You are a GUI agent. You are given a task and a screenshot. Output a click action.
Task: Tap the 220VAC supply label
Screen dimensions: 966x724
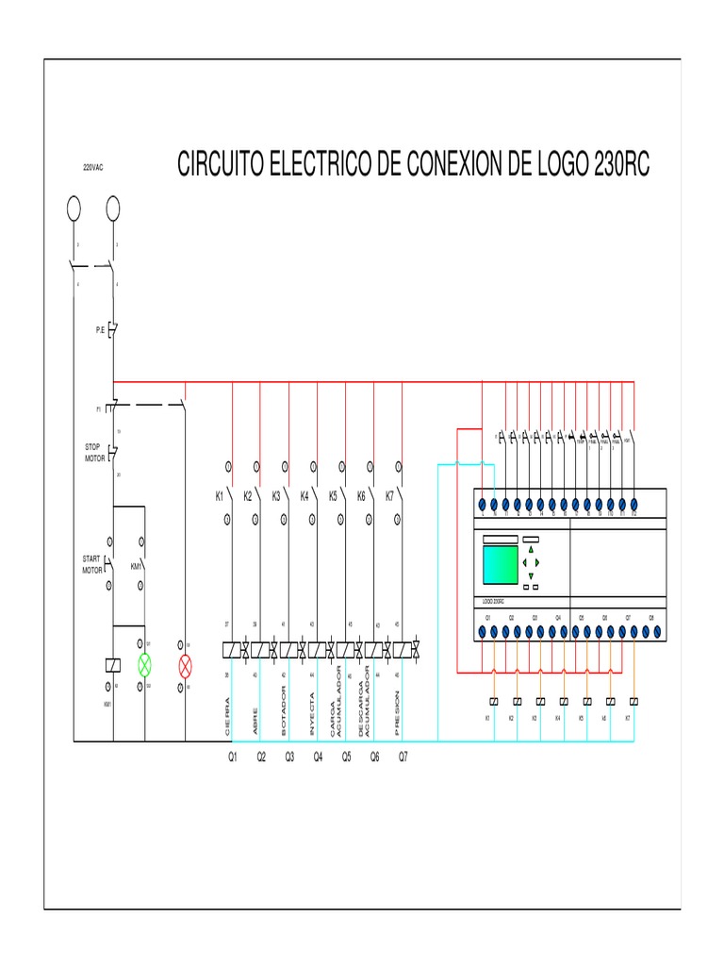(92, 167)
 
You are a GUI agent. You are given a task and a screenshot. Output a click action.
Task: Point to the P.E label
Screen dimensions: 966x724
(99, 331)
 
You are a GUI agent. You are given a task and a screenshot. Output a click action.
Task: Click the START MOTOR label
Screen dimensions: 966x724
(91, 564)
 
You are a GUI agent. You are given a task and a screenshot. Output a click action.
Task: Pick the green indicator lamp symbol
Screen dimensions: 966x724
(144, 664)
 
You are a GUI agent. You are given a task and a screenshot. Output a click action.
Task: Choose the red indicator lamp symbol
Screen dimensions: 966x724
(185, 665)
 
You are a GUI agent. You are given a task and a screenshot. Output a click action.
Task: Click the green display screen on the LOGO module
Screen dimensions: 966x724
(500, 564)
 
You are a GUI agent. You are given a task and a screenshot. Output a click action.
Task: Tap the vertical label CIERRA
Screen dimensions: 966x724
(227, 717)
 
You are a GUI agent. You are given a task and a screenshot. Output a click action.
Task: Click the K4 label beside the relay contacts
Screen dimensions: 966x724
(304, 495)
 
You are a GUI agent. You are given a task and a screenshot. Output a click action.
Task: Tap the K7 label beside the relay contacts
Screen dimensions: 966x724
(389, 495)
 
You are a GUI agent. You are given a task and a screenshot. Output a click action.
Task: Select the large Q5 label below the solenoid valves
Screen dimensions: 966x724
(346, 757)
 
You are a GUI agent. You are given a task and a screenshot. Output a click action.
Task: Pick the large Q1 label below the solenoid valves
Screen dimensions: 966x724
(233, 757)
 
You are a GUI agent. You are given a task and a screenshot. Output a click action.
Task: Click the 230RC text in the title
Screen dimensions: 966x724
(621, 165)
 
